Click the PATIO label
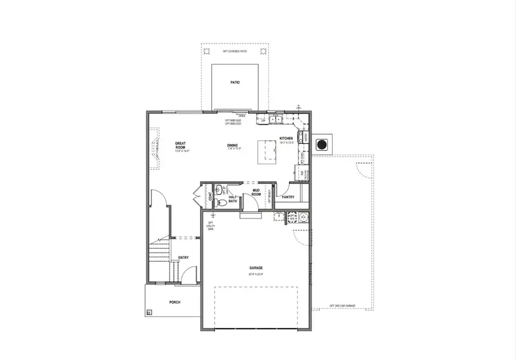coord(235,83)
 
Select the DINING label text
coord(232,146)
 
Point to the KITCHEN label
coord(286,139)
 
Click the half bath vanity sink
coord(218,189)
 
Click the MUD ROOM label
coord(256,193)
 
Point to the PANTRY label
coord(288,197)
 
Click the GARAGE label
coord(256,267)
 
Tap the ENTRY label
coord(183,257)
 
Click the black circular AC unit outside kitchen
coord(324,144)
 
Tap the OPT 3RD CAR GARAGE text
coord(343,306)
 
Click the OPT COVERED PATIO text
coord(235,52)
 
